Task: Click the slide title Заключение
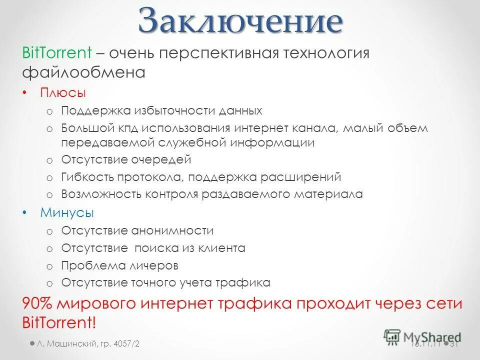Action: pyautogui.click(x=240, y=21)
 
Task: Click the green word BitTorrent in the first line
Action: pyautogui.click(x=56, y=52)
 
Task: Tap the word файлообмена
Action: pyautogui.click(x=83, y=73)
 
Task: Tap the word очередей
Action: pyautogui.click(x=161, y=160)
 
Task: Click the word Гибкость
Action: pyautogui.click(x=87, y=177)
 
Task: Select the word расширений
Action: pyautogui.click(x=306, y=177)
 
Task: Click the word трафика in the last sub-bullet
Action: pyautogui.click(x=243, y=282)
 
